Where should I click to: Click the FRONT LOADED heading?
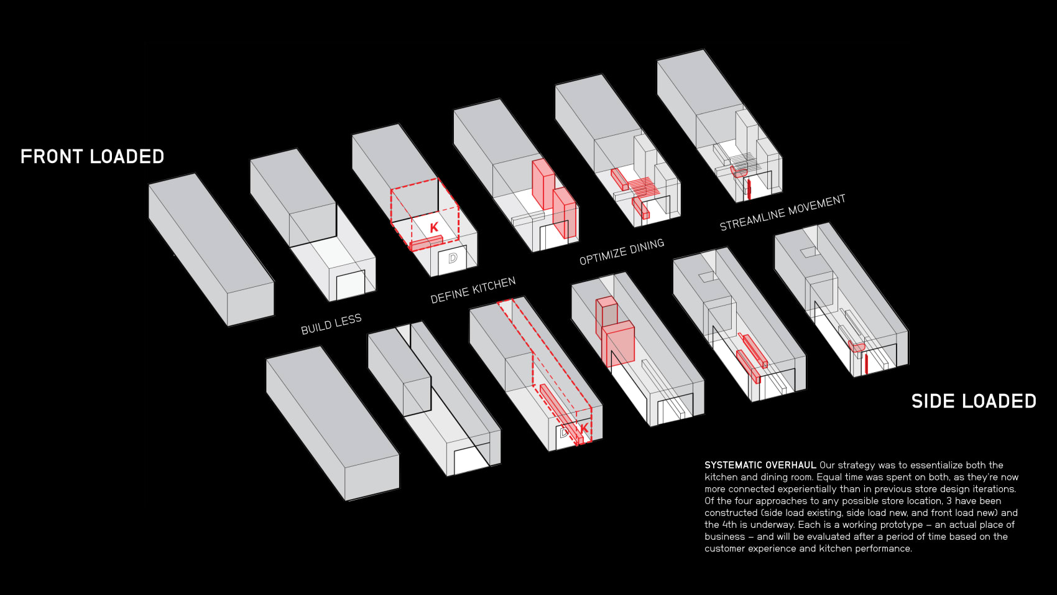click(92, 157)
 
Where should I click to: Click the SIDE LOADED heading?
click(974, 401)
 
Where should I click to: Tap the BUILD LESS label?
click(331, 324)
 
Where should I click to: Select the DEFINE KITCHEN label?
click(473, 290)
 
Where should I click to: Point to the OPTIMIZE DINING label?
click(622, 251)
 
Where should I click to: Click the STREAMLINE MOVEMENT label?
click(782, 212)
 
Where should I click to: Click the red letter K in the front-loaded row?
click(434, 227)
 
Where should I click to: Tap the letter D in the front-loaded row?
click(453, 258)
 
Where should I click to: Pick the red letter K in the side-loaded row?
click(584, 428)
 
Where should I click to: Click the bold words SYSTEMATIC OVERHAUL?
click(760, 465)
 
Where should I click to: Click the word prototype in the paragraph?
click(903, 525)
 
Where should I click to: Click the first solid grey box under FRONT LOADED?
click(211, 250)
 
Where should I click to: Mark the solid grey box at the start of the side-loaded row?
click(333, 424)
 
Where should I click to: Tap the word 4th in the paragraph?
click(730, 525)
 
